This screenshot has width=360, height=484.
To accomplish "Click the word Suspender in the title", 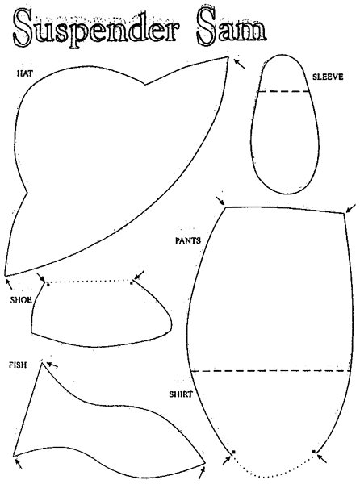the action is pos(96,28).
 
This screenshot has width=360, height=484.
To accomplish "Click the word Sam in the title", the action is pos(232,27).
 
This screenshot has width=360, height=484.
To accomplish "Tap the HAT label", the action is pos(24,73).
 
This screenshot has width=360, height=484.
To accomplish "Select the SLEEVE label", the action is pos(328,77).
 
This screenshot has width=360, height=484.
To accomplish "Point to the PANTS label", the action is pos(188,240).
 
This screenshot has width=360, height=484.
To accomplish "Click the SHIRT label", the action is pos(181,394).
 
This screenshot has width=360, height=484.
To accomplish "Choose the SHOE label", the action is pos(21,300).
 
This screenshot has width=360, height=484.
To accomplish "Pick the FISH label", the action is pos(18,365).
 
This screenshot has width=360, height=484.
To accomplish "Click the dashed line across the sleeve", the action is pos(283,91).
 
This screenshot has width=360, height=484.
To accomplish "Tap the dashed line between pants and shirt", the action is pos(270,371).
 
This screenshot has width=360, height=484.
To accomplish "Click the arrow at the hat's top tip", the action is pos(239,64).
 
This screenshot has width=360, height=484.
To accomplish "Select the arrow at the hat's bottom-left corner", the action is pos(9,284).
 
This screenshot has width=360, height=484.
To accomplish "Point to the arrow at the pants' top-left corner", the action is pos(220,200).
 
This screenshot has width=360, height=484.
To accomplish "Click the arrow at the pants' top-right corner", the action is pos(351,208).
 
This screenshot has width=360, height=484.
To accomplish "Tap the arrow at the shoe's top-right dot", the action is pos(139,275).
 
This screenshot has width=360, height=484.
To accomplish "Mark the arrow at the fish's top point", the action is pos(52,365).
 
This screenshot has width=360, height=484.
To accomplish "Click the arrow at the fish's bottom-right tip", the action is pos(202,472).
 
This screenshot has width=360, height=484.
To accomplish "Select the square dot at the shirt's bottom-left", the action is pos(234,452).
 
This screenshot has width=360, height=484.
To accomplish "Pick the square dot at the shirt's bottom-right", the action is pos(314,452).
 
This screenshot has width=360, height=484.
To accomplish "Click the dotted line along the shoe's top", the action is pos(90,282).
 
